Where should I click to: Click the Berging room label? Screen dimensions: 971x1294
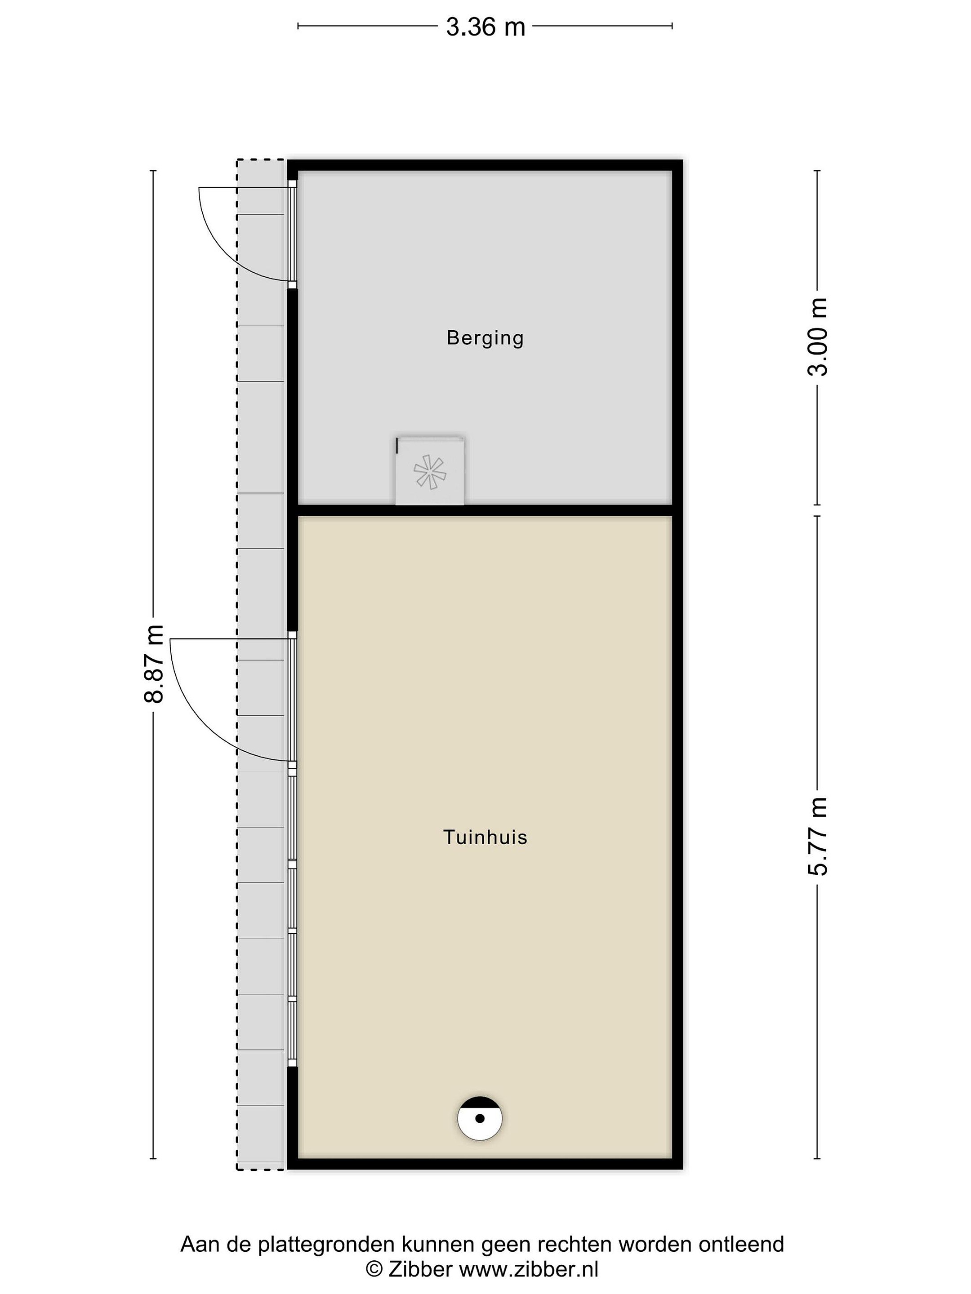[485, 339]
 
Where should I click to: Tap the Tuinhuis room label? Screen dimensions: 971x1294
[485, 837]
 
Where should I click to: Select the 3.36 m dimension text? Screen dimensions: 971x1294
[485, 27]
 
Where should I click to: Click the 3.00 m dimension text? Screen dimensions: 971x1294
[818, 337]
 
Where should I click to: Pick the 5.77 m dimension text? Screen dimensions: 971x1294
[818, 837]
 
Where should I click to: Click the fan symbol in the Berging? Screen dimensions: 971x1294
[430, 471]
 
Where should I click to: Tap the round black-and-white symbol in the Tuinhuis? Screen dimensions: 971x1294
[480, 1118]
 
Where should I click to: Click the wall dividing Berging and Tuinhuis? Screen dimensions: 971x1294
[485, 510]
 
